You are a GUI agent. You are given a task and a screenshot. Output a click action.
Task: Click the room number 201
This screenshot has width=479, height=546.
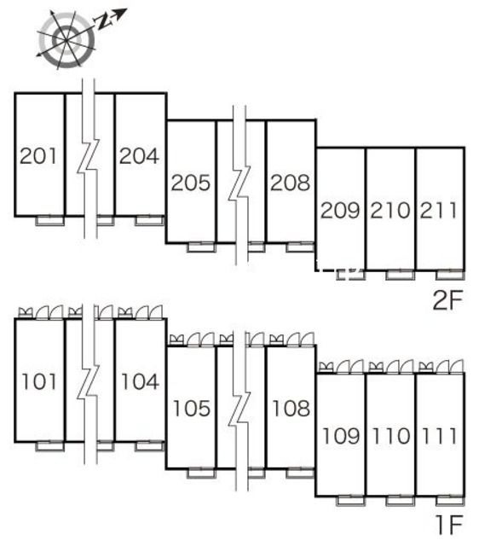[x=38, y=155]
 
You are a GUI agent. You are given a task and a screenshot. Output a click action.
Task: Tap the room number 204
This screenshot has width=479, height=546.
[x=139, y=155]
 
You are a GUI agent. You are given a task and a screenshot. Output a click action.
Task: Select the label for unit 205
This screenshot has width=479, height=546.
[x=191, y=183]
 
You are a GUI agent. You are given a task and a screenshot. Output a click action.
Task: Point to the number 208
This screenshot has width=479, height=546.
[x=290, y=183]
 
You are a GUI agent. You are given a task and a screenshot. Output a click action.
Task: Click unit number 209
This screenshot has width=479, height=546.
[x=340, y=211]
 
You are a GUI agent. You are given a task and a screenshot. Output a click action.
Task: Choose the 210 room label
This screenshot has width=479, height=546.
[x=390, y=211]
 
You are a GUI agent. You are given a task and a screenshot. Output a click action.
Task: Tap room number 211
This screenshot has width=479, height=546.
[x=439, y=211]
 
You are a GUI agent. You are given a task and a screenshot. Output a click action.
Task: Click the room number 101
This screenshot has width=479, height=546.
[x=39, y=381]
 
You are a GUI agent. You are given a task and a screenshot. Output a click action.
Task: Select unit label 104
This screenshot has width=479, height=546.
[x=140, y=381]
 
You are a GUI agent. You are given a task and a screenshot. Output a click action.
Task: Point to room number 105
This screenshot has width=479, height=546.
[x=192, y=409]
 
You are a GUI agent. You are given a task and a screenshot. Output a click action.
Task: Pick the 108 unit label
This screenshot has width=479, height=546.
[x=291, y=409]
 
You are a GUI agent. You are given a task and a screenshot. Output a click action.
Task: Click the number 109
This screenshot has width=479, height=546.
[x=341, y=436]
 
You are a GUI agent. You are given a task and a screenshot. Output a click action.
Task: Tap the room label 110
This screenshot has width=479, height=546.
[x=391, y=436]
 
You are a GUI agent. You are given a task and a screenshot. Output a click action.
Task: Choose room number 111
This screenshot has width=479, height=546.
[x=439, y=436]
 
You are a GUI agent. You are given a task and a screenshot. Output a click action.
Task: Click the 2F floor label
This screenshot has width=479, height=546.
[x=448, y=300]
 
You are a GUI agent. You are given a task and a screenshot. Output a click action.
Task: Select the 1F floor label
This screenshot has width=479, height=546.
[x=449, y=526]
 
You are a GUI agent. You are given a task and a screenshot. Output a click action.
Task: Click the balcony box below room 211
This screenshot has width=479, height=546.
[x=450, y=275]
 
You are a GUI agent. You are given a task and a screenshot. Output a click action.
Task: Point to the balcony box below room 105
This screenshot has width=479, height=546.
[x=202, y=473]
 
